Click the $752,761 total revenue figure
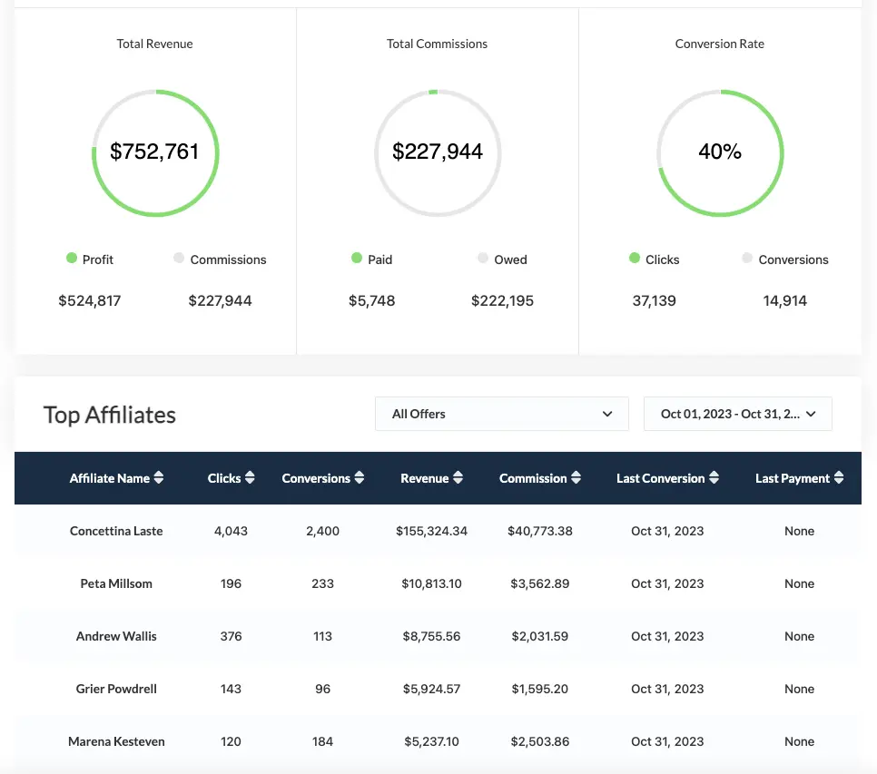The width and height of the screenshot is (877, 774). click(154, 152)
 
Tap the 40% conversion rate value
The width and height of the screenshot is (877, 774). click(720, 152)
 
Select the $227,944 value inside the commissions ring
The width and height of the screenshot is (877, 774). click(438, 152)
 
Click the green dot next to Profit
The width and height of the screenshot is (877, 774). click(72, 259)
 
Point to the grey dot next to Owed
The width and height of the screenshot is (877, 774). click(483, 259)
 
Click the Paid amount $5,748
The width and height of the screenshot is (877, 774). click(372, 300)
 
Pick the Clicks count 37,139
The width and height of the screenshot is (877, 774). click(654, 300)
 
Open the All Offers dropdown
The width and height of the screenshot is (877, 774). click(501, 414)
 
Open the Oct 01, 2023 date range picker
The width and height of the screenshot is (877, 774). click(737, 414)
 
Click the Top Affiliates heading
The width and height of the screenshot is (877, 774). click(110, 415)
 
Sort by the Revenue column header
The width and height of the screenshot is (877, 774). click(425, 478)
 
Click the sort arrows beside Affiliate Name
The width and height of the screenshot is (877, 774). click(159, 478)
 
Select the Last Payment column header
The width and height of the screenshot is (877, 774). click(792, 478)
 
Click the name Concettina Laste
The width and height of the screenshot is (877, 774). click(116, 531)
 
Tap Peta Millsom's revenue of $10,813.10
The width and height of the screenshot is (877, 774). click(431, 583)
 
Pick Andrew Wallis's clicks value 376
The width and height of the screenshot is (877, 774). click(231, 636)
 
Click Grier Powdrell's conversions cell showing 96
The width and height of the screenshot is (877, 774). click(322, 689)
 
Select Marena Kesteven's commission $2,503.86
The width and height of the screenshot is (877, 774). click(539, 741)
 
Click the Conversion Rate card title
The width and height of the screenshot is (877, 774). click(719, 44)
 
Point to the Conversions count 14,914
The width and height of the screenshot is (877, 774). click(784, 300)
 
